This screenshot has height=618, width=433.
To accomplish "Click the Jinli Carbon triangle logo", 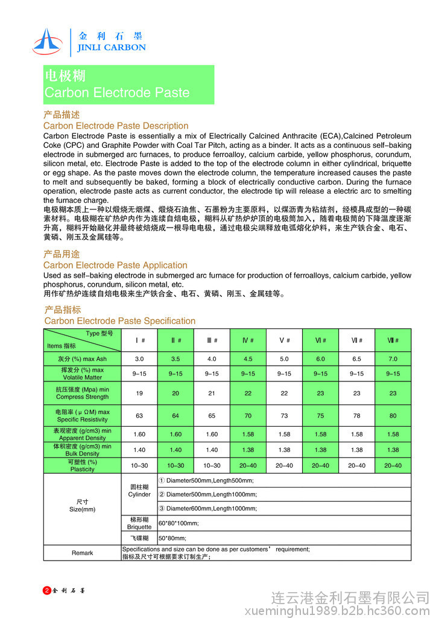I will (47, 40).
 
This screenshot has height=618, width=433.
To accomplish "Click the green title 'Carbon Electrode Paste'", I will (117, 93).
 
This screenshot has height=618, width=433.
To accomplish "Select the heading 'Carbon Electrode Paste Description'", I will (116, 126).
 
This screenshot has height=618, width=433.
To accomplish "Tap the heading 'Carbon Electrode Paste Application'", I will (115, 265).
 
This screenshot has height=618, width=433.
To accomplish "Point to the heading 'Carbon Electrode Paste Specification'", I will (120, 320).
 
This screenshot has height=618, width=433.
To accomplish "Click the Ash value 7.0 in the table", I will (393, 358).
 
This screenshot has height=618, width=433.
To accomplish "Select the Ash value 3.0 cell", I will (139, 358).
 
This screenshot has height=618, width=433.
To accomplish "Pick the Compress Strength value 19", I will (139, 393).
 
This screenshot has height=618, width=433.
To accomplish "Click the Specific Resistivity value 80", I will (393, 416).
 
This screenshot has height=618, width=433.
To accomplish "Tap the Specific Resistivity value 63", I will (139, 416).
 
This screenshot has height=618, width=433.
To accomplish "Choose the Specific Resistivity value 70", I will (248, 416).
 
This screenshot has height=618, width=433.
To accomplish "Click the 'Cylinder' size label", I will (139, 494).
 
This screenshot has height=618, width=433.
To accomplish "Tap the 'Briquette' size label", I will (139, 526).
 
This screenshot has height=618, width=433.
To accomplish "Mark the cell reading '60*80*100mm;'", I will (179, 523).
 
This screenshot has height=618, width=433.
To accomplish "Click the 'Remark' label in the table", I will (82, 553).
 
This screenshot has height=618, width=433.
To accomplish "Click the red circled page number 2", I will (47, 590).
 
